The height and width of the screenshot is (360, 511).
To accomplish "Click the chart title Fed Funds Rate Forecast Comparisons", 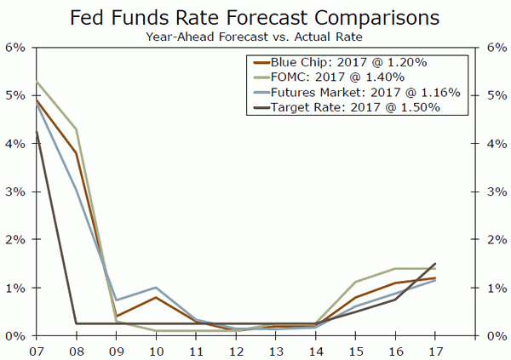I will tap(255, 17).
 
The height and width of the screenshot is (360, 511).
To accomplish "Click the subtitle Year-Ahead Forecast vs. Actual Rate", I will tap(255, 37).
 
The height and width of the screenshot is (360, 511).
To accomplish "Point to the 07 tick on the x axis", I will tap(37, 349).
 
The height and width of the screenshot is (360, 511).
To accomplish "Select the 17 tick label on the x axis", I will tap(434, 349).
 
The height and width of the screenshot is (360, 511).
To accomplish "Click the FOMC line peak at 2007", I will tap(37, 82).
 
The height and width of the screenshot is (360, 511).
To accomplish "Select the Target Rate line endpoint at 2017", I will tap(434, 264).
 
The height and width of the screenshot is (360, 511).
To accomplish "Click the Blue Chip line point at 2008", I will tap(76, 153).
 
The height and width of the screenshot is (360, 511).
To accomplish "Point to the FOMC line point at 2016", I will tap(395, 268).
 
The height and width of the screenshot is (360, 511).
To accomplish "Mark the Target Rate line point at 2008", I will tap(76, 323).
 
